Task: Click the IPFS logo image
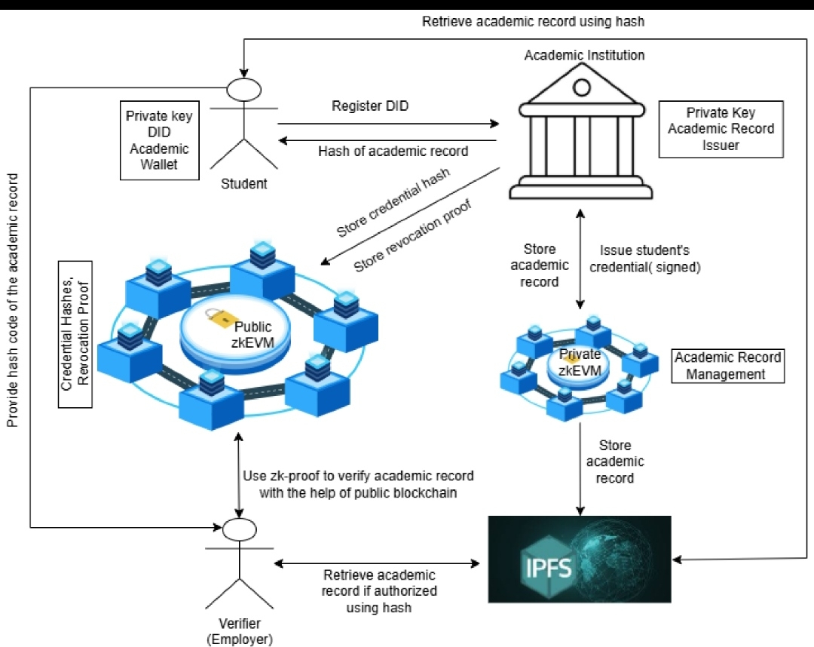click(x=580, y=560)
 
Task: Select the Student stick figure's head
click(x=244, y=89)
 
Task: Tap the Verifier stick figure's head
click(x=240, y=529)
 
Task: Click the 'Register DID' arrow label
click(x=370, y=106)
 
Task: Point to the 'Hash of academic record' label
click(x=393, y=151)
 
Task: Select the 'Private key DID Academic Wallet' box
click(x=159, y=140)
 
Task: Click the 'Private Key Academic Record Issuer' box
click(x=721, y=129)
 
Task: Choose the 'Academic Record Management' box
click(x=728, y=366)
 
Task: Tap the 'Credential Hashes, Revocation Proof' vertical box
click(x=75, y=334)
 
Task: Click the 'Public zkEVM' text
click(x=252, y=334)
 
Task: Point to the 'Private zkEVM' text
click(x=580, y=363)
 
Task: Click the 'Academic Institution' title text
click(x=584, y=55)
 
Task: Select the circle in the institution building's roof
click(x=581, y=87)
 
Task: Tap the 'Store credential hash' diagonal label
click(x=393, y=202)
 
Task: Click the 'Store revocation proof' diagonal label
click(x=412, y=235)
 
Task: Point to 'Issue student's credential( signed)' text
click(x=644, y=259)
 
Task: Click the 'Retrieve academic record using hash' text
click(x=533, y=21)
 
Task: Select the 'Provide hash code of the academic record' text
click(x=13, y=300)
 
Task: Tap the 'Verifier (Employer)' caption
click(x=240, y=631)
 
